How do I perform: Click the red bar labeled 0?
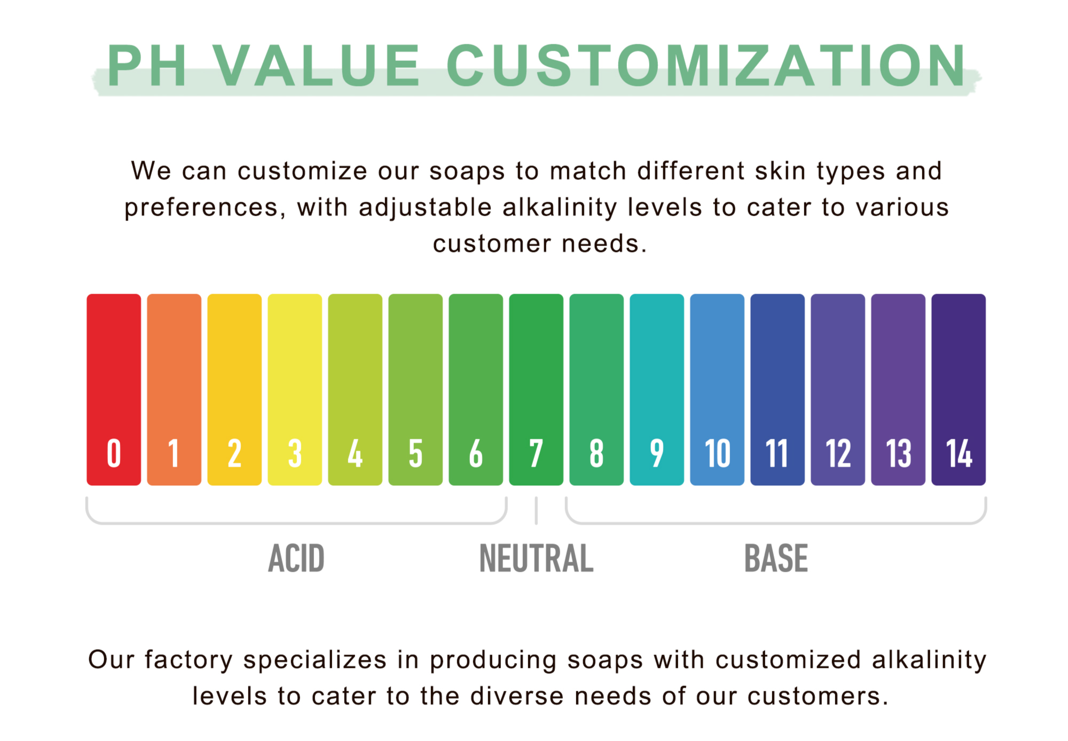tap(114, 389)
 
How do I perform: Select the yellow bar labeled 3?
tap(295, 389)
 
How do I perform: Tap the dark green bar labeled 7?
tap(536, 389)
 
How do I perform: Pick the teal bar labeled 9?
tap(657, 389)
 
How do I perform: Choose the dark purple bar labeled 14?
tap(959, 389)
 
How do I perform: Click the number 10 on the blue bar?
tap(717, 454)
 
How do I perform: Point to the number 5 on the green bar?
tap(415, 454)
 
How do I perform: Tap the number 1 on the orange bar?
tap(174, 454)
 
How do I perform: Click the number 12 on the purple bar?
tap(838, 454)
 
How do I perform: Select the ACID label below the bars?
tap(296, 558)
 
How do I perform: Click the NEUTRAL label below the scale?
tap(536, 558)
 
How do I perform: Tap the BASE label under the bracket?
tap(776, 558)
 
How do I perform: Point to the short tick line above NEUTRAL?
tap(536, 511)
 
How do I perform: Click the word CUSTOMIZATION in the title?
tap(706, 65)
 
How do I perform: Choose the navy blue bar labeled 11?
tap(778, 389)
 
